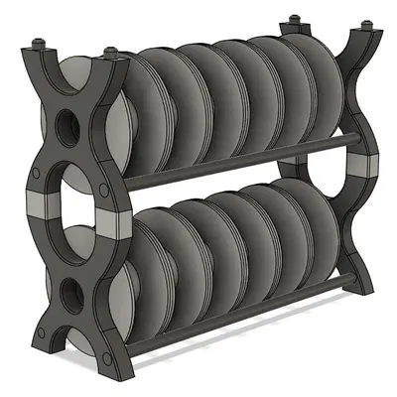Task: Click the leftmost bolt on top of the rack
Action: click(41, 44)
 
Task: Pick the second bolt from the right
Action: click(294, 21)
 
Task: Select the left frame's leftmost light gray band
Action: click(42, 205)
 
